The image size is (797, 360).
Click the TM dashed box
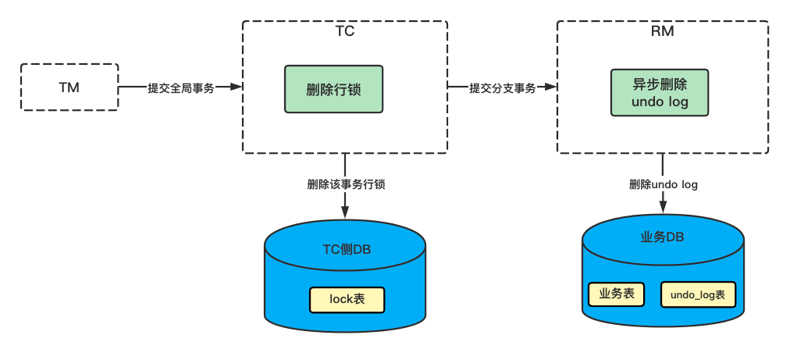pyautogui.click(x=69, y=87)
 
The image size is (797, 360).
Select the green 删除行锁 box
pyautogui.click(x=333, y=87)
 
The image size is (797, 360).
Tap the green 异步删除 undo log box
pyautogui.click(x=660, y=93)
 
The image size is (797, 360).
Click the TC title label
pyautogui.click(x=344, y=32)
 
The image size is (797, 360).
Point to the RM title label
pyautogui.click(x=662, y=32)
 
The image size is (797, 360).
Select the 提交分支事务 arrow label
pyautogui.click(x=502, y=88)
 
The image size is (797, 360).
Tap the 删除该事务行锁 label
pyautogui.click(x=346, y=185)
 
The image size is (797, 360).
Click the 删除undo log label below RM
pyautogui.click(x=663, y=185)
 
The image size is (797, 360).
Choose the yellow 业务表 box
pyautogui.click(x=615, y=294)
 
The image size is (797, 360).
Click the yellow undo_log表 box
pyautogui.click(x=698, y=295)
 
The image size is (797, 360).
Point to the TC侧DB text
pyautogui.click(x=347, y=250)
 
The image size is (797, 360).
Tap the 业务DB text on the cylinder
pyautogui.click(x=663, y=237)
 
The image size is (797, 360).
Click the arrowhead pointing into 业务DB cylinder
pyautogui.click(x=663, y=207)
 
